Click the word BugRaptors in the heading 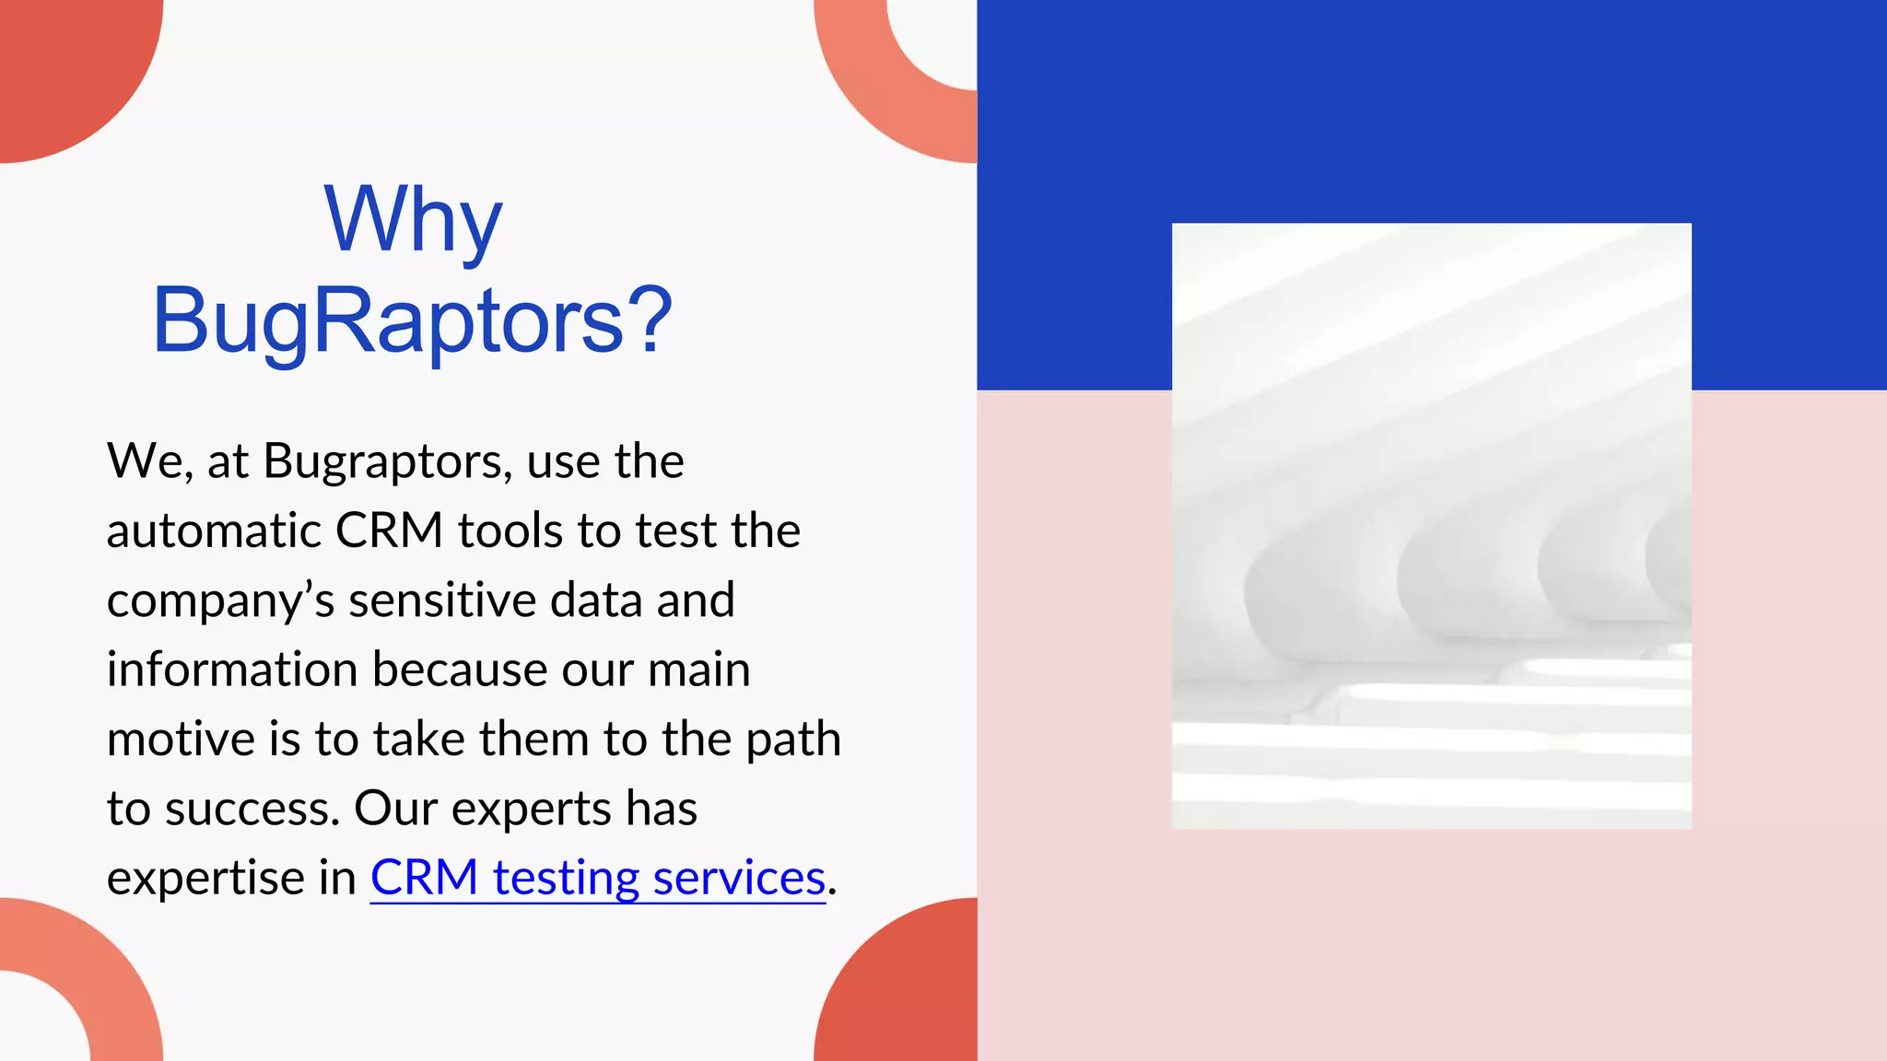point(388,321)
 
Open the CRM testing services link point(597,877)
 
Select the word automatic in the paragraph point(214,530)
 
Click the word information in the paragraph point(232,669)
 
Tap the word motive point(181,739)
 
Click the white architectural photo point(1431,525)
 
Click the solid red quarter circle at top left point(64,64)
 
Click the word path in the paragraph point(792,739)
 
